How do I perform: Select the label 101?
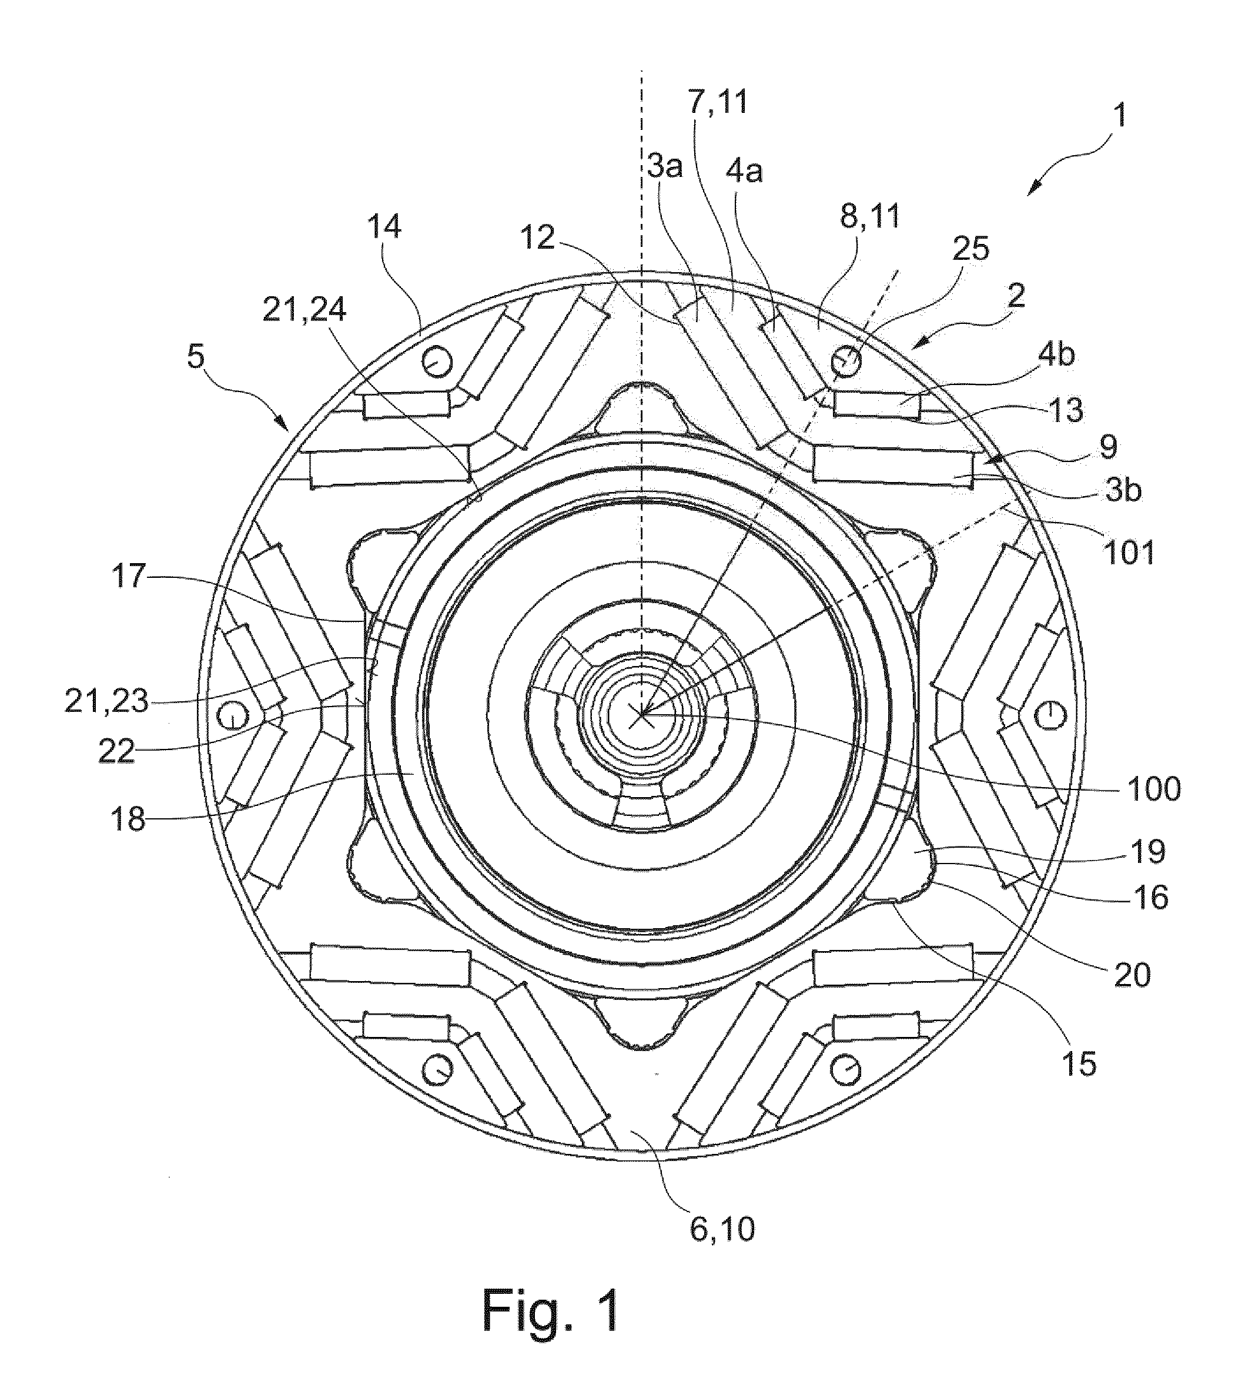click(x=1129, y=553)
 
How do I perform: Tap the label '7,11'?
click(x=718, y=102)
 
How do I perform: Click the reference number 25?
click(x=969, y=249)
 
